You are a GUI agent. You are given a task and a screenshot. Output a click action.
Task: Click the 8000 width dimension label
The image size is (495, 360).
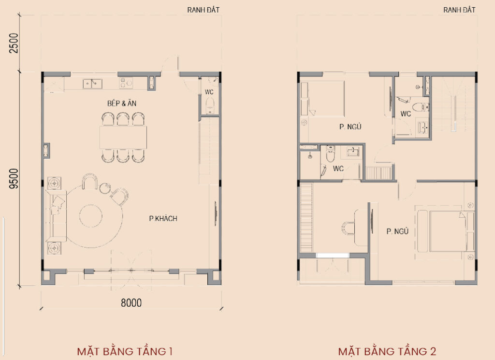(131, 303)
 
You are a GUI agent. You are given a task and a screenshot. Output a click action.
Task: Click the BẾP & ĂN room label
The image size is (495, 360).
(123, 104)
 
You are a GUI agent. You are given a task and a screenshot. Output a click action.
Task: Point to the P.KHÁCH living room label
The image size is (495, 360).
(163, 219)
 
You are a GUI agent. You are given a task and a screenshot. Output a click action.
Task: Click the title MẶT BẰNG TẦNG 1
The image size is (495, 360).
(125, 350)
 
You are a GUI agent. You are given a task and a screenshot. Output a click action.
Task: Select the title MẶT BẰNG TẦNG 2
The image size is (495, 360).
(387, 350)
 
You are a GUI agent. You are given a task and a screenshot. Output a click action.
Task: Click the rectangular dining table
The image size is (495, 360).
(123, 137)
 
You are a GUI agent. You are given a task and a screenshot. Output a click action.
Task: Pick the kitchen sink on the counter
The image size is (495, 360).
(92, 84)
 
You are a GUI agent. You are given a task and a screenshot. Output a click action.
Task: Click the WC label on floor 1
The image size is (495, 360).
(209, 92)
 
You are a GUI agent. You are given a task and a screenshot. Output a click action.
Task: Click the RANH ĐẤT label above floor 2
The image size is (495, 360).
(460, 10)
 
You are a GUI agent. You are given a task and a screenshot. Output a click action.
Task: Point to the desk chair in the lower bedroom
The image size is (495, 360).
(349, 227)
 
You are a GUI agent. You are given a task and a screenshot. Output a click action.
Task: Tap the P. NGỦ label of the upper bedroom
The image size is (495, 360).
(350, 127)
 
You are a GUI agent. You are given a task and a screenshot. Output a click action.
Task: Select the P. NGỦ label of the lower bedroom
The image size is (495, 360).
(397, 232)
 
